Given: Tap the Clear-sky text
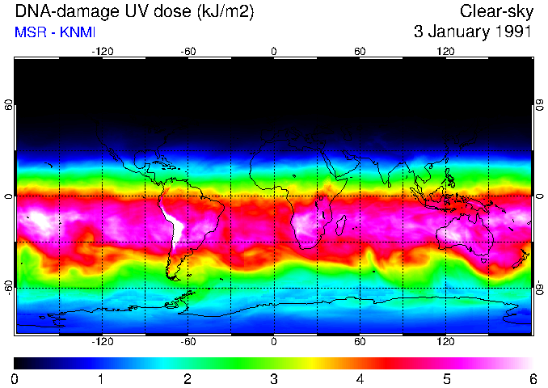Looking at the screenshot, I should (x=494, y=12).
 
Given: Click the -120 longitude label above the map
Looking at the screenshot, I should (x=103, y=51).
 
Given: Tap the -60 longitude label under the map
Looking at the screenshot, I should (x=188, y=342).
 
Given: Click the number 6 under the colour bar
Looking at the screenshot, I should (x=532, y=378).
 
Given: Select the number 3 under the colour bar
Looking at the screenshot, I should (x=273, y=378).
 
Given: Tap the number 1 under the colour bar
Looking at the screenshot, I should (x=101, y=378).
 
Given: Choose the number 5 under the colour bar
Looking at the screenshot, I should (x=445, y=378).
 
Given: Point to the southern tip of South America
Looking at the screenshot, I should (x=174, y=277).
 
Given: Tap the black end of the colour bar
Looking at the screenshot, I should (x=18, y=362).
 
